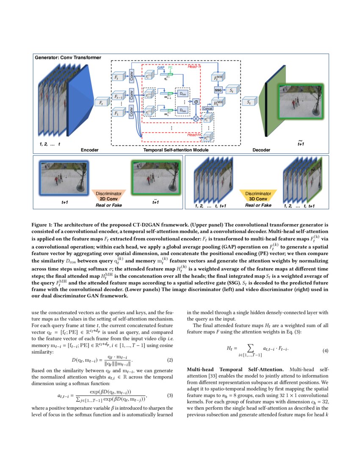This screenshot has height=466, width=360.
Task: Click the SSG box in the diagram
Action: click(219, 90)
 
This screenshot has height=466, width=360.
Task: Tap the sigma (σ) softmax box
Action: click(196, 102)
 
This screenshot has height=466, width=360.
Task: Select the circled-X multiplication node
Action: click(196, 119)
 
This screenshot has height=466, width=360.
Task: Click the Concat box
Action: click(208, 108)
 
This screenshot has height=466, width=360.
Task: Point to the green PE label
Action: click(170, 67)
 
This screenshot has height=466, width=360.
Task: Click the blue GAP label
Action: click(161, 67)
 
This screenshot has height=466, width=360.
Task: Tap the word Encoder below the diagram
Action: click(90, 150)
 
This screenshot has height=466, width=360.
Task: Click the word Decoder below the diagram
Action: click(261, 150)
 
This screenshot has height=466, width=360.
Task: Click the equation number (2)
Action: click(170, 360)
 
